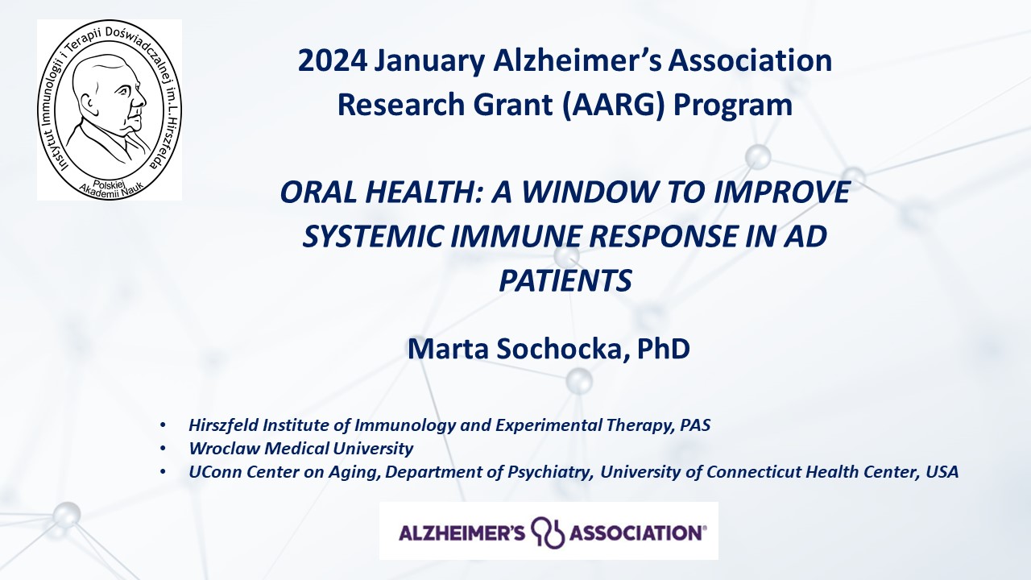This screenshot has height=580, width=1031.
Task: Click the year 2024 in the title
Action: (333, 60)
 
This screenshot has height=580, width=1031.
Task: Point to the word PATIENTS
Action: (565, 280)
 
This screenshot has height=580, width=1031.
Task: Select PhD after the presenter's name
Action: (663, 349)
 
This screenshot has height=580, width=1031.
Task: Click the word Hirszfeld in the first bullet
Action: (224, 425)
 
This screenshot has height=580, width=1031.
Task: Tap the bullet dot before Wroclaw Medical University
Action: (163, 449)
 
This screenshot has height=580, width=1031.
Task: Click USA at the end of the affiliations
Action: (942, 472)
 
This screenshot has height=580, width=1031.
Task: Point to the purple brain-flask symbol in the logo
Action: (548, 532)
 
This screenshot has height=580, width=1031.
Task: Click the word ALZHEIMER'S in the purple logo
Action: (462, 533)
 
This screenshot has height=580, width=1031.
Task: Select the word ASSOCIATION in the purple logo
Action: (636, 533)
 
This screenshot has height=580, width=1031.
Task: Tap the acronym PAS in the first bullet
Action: (695, 425)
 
